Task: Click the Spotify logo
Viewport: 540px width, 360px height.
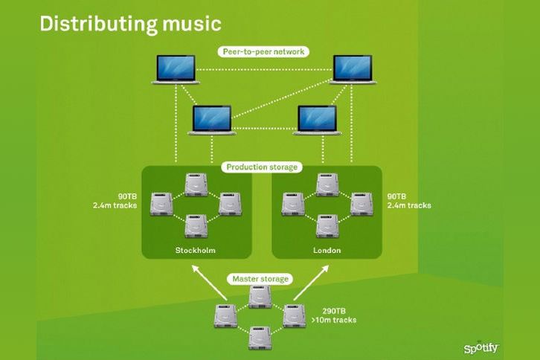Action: (x=481, y=347)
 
